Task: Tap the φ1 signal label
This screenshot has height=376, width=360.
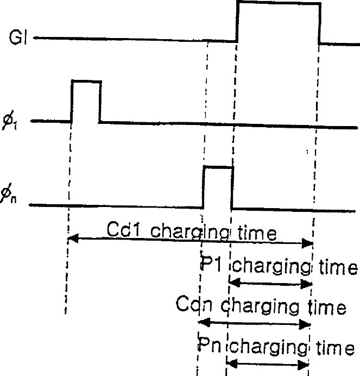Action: coord(10,120)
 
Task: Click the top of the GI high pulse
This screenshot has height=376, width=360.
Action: coord(279,3)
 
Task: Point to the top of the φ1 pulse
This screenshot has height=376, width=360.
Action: coord(86,82)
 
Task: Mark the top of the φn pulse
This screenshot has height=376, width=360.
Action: coord(218,167)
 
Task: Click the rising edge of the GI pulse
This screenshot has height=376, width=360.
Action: coord(237,22)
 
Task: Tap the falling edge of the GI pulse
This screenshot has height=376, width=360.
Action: coord(319,23)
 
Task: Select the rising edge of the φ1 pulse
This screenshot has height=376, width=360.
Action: coord(72,102)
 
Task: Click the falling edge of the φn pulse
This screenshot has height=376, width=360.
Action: coord(232,188)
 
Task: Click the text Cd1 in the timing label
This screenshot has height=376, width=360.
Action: coord(123,229)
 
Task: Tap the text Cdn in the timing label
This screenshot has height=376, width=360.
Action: coord(194,304)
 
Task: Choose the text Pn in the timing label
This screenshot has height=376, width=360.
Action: coord(209,345)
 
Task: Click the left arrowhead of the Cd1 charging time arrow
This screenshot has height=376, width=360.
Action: coord(73,239)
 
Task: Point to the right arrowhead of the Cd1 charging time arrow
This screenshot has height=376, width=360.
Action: coord(307,243)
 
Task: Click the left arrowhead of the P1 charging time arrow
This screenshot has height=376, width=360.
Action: coord(235,283)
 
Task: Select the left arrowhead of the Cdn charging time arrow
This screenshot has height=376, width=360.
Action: coord(204,322)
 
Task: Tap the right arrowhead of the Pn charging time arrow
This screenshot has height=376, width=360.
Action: coord(303,365)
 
